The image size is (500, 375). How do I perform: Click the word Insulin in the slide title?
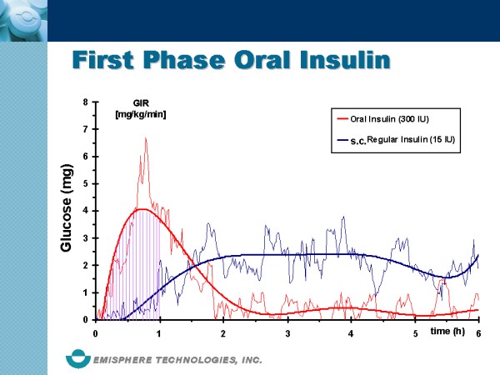tap(340, 61)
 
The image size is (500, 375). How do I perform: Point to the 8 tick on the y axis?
tap(85, 102)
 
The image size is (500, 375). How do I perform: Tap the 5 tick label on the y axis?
tap(85, 183)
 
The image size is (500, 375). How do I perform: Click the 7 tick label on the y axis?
tap(85, 129)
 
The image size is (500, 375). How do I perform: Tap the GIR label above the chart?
tap(141, 102)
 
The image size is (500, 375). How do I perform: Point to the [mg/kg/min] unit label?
tap(141, 114)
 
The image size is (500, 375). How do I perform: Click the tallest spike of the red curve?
tap(146, 139)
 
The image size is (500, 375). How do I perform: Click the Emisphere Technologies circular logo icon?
tap(79, 359)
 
